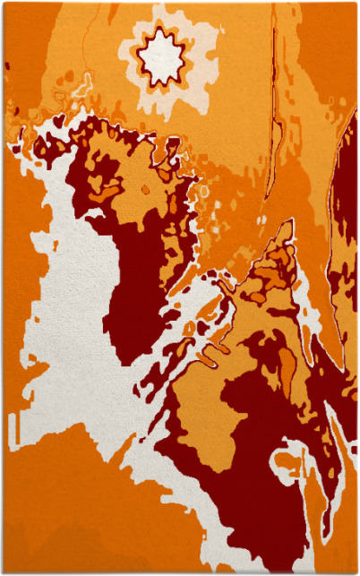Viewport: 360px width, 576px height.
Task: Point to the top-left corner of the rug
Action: point(3,3)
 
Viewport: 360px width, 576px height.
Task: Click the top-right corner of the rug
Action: point(356,3)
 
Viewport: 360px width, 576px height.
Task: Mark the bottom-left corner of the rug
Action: point(3,572)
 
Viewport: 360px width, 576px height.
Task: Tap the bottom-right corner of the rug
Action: point(356,572)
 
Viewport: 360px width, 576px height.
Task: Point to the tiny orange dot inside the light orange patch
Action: point(145,190)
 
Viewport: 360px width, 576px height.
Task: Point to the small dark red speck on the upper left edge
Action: point(7,65)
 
